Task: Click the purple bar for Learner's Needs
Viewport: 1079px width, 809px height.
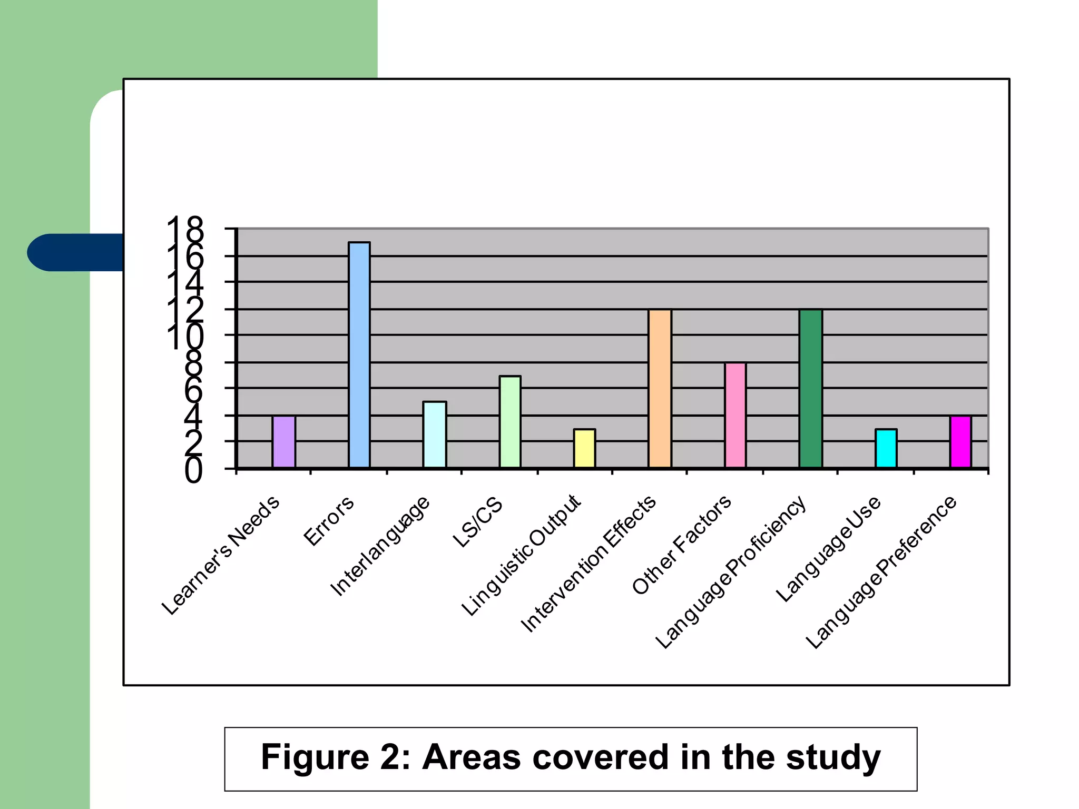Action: (x=283, y=441)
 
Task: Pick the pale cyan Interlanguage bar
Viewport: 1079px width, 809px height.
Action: (x=435, y=435)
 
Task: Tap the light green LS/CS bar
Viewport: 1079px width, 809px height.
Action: (x=510, y=421)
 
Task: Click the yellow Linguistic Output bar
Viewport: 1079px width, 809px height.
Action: (x=584, y=448)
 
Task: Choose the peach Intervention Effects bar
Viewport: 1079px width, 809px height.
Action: (x=660, y=388)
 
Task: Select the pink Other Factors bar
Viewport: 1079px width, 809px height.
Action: (x=735, y=415)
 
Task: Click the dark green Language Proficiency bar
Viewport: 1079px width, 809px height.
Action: (x=810, y=388)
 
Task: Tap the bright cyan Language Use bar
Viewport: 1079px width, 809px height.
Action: (x=886, y=448)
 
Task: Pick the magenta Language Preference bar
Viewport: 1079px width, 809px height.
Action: (x=960, y=441)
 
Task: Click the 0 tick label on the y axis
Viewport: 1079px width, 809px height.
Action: (x=193, y=470)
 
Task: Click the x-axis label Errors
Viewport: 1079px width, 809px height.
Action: (x=329, y=521)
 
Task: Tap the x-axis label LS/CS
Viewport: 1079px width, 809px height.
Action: (x=477, y=522)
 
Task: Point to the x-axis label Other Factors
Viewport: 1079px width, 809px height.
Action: (x=681, y=545)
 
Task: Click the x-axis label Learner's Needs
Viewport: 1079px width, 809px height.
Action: (x=221, y=555)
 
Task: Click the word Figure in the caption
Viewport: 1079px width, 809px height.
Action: (x=315, y=757)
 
